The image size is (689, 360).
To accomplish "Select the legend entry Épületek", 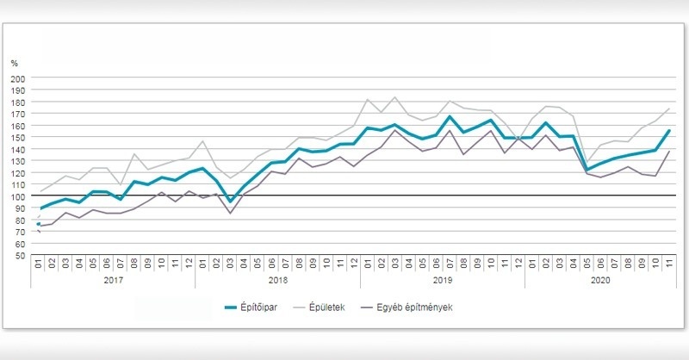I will [x=326, y=306].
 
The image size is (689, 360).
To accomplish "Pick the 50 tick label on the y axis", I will [x=20, y=255].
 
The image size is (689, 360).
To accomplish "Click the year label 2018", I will [x=277, y=281].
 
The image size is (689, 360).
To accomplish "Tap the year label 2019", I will [x=442, y=281].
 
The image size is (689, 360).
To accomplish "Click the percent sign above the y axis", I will [x=15, y=63].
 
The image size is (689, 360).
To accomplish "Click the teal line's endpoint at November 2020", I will [x=668, y=131].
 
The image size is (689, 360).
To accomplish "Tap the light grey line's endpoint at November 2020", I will [x=668, y=109].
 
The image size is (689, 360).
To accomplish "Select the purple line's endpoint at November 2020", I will [x=668, y=152].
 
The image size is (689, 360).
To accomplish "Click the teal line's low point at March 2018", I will [x=230, y=202].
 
